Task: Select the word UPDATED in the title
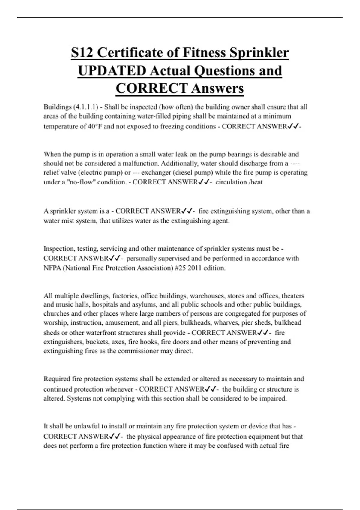click(x=112, y=71)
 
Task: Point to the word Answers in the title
click(x=217, y=88)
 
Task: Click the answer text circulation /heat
click(x=239, y=182)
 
